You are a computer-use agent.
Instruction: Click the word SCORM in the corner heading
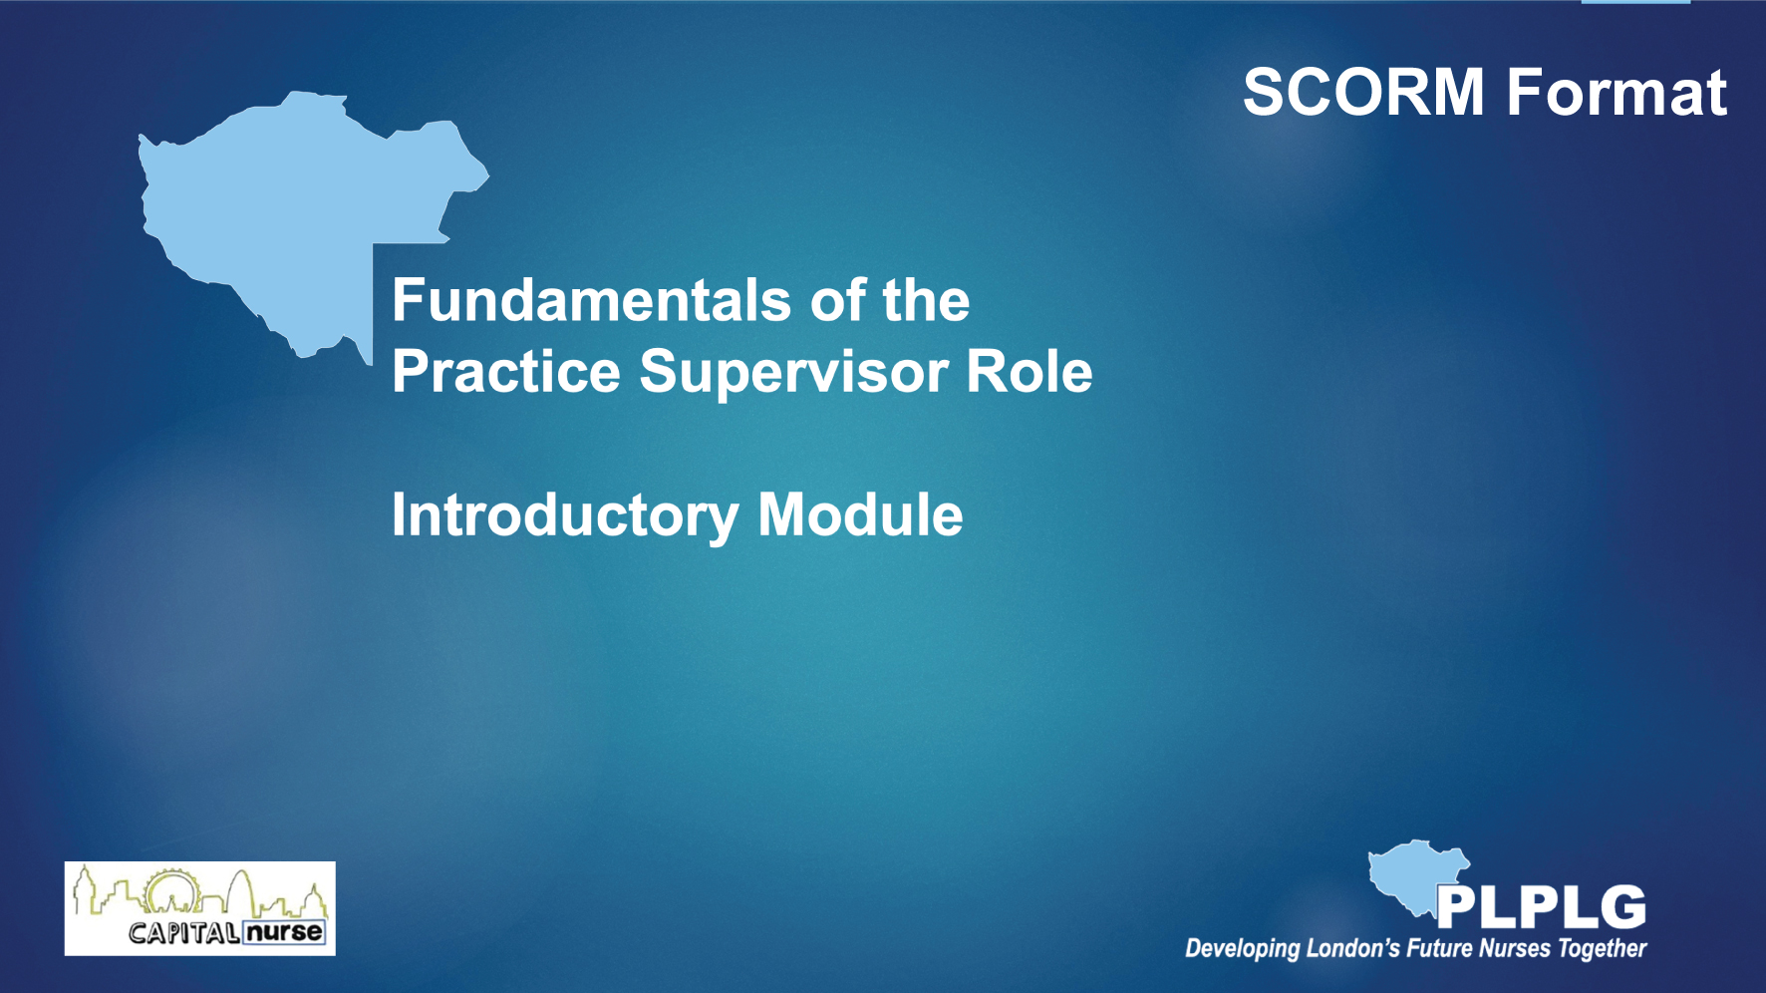[x=1363, y=93]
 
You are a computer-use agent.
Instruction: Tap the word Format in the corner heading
[x=1617, y=93]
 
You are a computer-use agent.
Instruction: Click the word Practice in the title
[x=506, y=372]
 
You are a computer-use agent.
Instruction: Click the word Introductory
[x=565, y=516]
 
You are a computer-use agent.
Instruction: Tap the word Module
[x=860, y=514]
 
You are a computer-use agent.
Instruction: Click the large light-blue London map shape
[x=289, y=209]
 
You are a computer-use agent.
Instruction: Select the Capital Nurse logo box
[x=200, y=908]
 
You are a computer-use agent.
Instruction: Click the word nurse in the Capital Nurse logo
[x=285, y=932]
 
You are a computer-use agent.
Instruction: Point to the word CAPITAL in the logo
[x=184, y=933]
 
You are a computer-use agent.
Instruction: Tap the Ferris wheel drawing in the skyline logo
[x=172, y=890]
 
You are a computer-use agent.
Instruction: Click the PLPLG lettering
[x=1541, y=907]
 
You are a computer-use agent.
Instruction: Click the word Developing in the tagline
[x=1243, y=948]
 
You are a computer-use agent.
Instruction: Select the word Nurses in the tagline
[x=1515, y=947]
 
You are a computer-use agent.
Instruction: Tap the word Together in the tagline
[x=1603, y=948]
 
